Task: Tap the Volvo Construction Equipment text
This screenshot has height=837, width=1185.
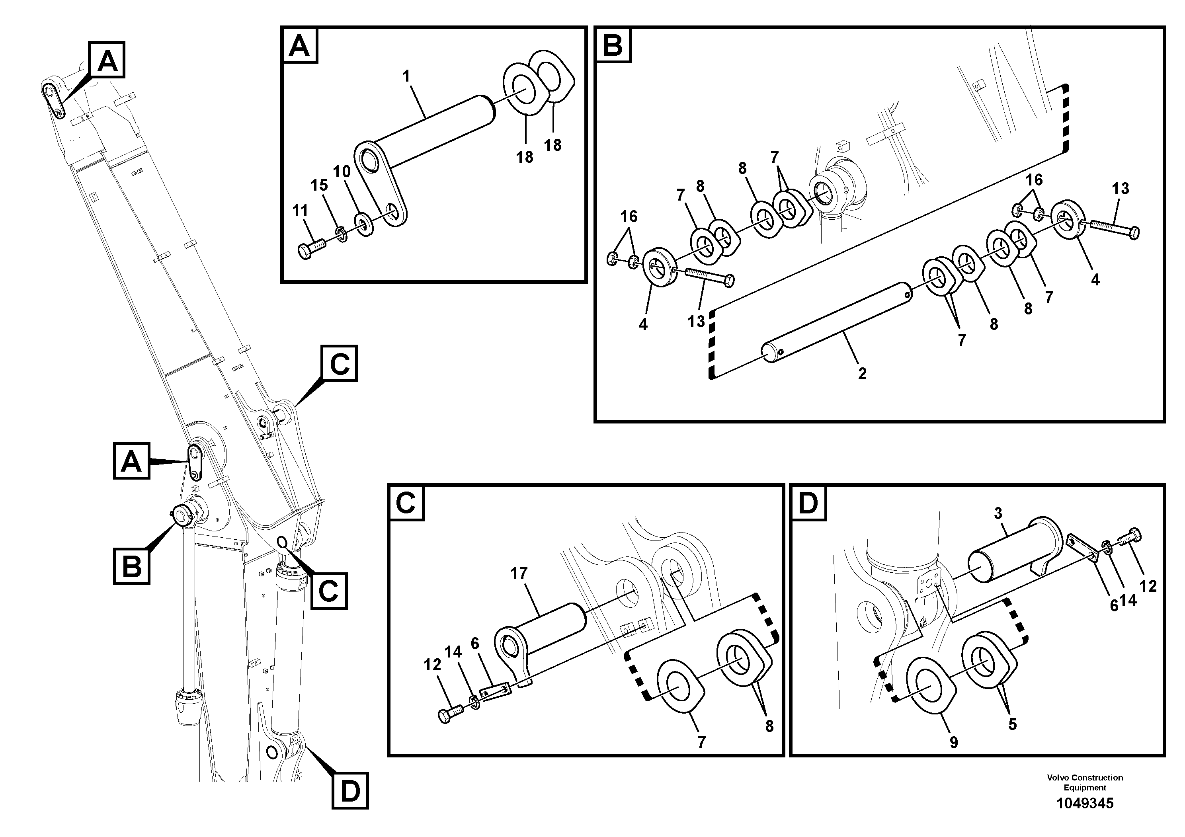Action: point(1084,782)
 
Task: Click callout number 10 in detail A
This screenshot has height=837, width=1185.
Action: point(342,171)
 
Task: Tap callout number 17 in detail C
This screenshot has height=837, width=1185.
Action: point(519,573)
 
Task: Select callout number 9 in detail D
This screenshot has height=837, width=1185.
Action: point(953,743)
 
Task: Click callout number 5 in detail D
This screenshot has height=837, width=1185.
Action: point(1013,724)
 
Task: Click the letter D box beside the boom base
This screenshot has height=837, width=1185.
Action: point(349,790)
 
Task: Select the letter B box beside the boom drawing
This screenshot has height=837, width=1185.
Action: point(132,566)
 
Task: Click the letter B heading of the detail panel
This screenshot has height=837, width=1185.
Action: point(613,45)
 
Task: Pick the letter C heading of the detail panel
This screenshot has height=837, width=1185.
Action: point(406,502)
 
